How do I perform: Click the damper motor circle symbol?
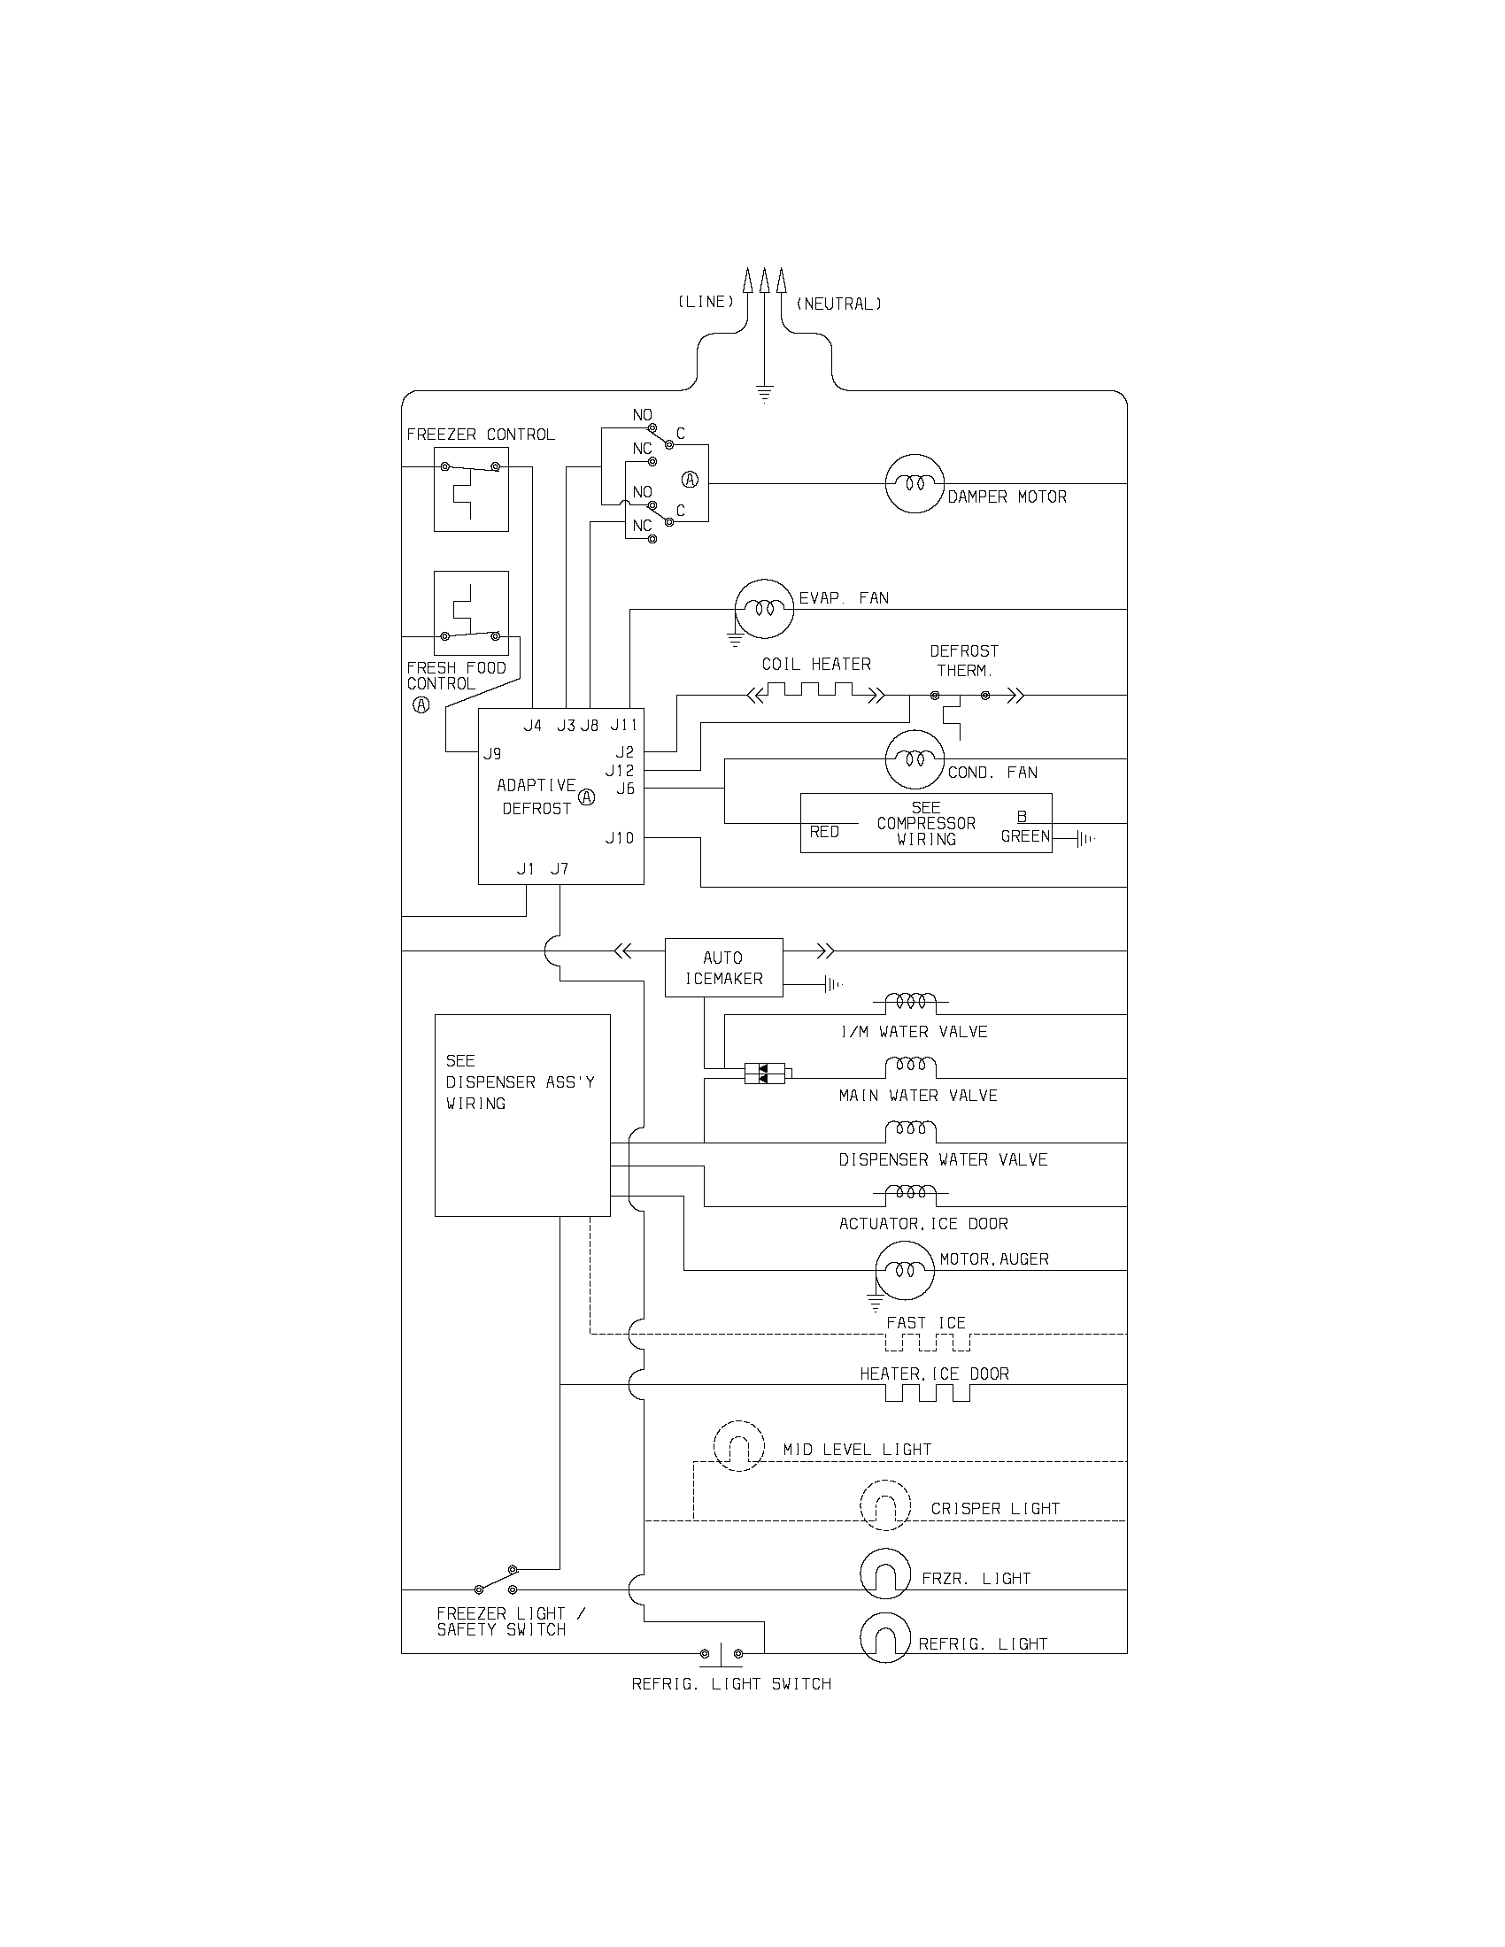[914, 484]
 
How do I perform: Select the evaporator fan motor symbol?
[763, 609]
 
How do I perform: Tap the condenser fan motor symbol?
[914, 759]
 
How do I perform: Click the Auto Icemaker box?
[723, 967]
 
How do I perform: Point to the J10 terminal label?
[620, 838]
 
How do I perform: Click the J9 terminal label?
[492, 754]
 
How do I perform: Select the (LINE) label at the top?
[706, 302]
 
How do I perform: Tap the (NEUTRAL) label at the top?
[838, 304]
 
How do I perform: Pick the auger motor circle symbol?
[903, 1269]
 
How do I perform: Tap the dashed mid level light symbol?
[739, 1445]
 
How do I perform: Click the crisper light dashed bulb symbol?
[885, 1505]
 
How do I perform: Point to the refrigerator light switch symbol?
[721, 1655]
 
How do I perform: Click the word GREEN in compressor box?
[1025, 836]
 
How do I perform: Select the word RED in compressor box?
[824, 832]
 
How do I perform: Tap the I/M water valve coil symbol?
[910, 1002]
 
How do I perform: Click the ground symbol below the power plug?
[764, 392]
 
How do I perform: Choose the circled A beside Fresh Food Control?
[421, 705]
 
